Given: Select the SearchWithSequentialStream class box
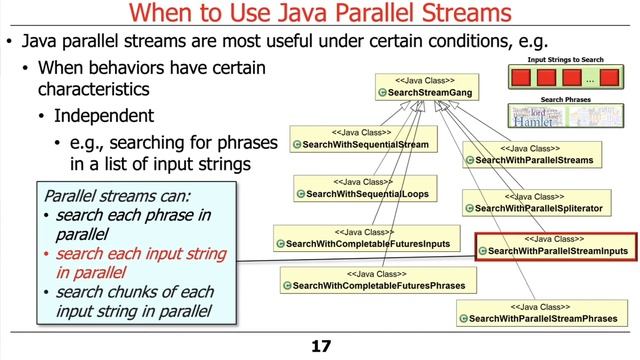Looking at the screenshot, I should [x=359, y=139].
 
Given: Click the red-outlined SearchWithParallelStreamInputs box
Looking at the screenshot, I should [x=552, y=245].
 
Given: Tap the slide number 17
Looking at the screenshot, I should [x=320, y=346].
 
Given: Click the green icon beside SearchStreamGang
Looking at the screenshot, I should [x=383, y=92].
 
